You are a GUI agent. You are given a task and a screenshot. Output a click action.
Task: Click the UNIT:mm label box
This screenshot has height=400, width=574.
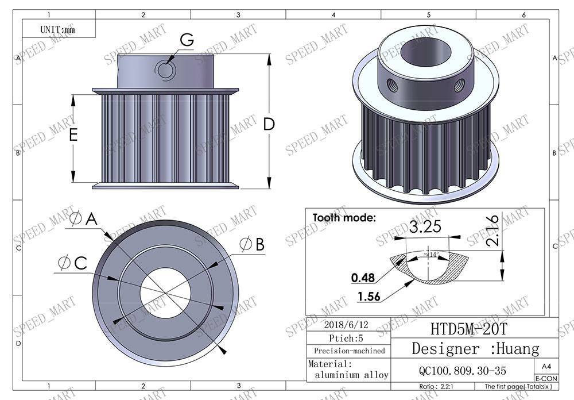(58, 29)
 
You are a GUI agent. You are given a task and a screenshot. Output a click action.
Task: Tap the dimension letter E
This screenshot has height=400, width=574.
(73, 135)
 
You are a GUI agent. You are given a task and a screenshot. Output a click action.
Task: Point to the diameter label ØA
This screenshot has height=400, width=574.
(84, 218)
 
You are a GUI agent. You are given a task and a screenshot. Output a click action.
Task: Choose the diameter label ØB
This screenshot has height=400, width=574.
(252, 245)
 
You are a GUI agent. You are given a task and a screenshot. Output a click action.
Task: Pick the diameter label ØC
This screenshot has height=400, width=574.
(73, 263)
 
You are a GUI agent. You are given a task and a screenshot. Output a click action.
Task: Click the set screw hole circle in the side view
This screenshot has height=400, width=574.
(165, 70)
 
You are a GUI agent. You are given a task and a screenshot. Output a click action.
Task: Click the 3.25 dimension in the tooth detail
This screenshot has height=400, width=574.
(426, 226)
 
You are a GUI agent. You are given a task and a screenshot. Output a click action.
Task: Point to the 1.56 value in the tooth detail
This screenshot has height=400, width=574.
(368, 297)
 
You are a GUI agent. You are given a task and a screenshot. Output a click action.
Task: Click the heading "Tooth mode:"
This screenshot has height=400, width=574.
(344, 218)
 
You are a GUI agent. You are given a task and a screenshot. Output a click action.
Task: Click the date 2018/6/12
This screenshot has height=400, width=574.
(346, 324)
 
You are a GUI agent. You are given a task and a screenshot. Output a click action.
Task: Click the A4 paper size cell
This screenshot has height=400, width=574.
(545, 366)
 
